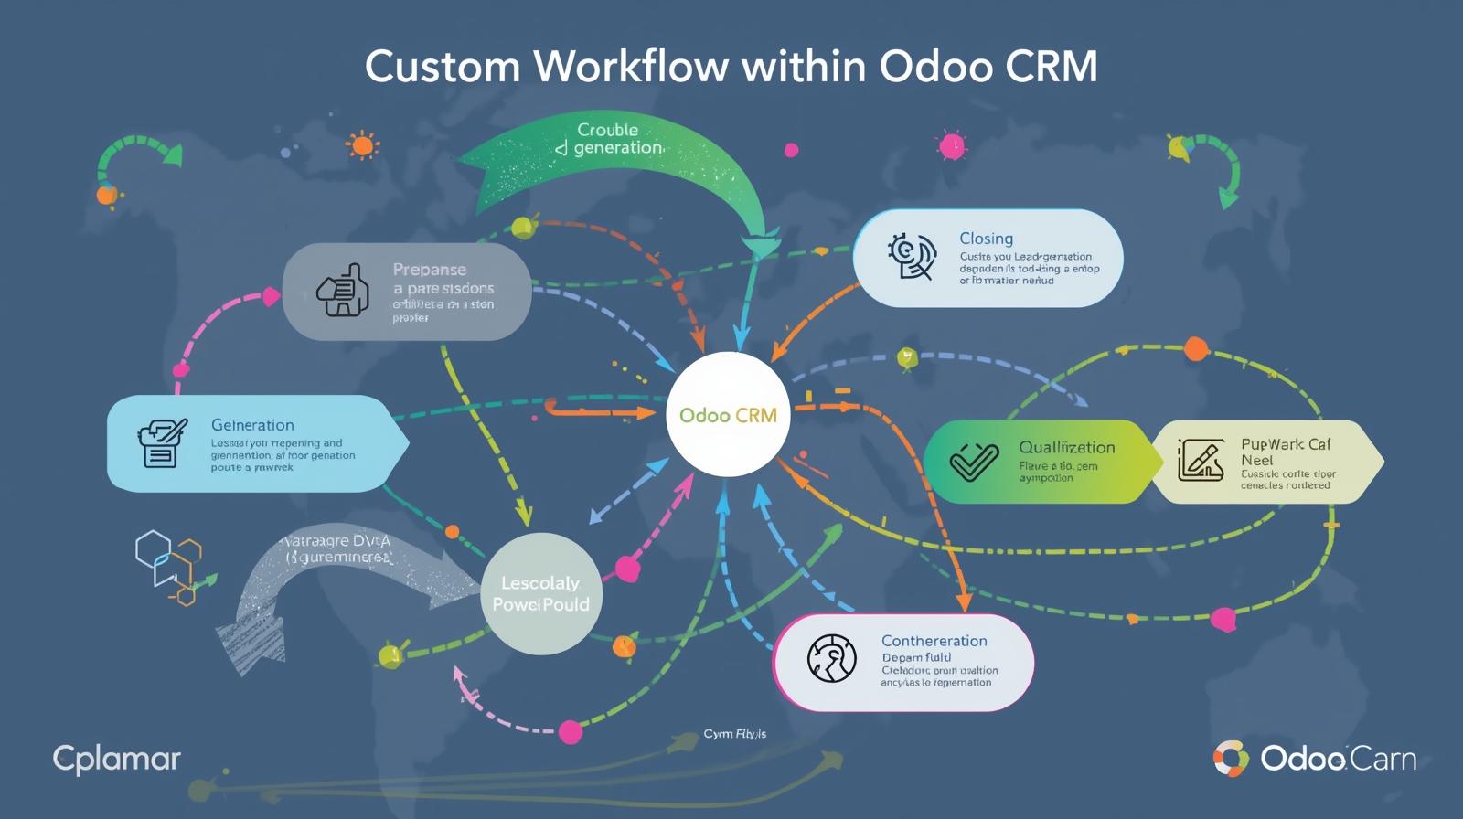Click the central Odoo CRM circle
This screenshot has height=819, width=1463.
coord(728,415)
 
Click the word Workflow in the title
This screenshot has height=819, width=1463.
coord(630,67)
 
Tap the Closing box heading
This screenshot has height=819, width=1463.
coord(986,239)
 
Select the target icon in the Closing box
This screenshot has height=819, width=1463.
coord(912,256)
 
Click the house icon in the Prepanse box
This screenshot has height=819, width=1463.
coord(344,292)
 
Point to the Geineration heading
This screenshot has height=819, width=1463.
coord(252,425)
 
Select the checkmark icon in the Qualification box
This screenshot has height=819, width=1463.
coord(973,462)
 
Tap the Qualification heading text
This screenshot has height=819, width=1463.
coord(1066,447)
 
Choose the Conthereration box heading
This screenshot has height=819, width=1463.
coord(934,641)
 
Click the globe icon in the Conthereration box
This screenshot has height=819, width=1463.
coord(831,658)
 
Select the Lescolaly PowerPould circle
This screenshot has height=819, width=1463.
coord(540,594)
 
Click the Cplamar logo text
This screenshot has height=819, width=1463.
coord(117,759)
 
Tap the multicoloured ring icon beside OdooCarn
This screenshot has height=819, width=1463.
coord(1231,759)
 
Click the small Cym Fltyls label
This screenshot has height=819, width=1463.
coord(734,734)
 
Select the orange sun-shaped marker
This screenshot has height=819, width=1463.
coord(362,145)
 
